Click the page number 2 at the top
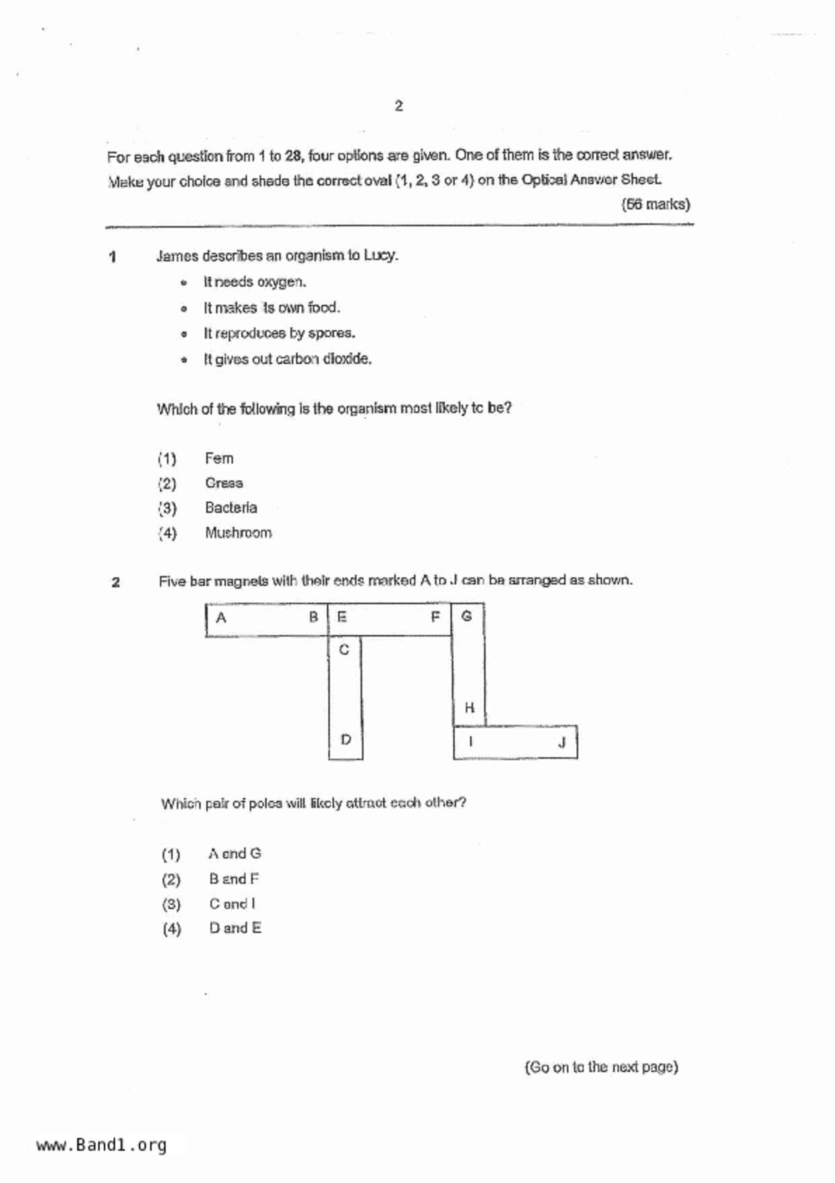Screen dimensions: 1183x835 [x=399, y=106]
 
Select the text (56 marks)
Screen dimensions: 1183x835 [x=655, y=204]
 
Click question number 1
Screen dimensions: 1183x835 [x=113, y=256]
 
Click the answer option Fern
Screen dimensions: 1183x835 [x=219, y=459]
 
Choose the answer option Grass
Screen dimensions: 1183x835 [x=224, y=484]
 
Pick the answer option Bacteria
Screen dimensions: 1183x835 [x=230, y=508]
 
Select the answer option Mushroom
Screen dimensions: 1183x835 [x=238, y=533]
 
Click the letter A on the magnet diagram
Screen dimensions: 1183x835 [x=221, y=617]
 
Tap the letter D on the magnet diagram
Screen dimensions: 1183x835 [x=346, y=740]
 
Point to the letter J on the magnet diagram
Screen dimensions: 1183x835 [x=561, y=743]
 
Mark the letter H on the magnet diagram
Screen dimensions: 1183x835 [x=469, y=708]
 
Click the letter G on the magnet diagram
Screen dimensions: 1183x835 [x=466, y=616]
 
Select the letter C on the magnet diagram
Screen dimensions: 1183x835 [x=344, y=650]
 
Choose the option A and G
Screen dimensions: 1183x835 [x=235, y=854]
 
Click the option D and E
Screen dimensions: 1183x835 [x=235, y=929]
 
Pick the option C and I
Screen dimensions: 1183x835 [x=232, y=904]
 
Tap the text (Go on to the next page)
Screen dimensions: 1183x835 [x=601, y=1067]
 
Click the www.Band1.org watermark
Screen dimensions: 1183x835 [x=101, y=1145]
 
